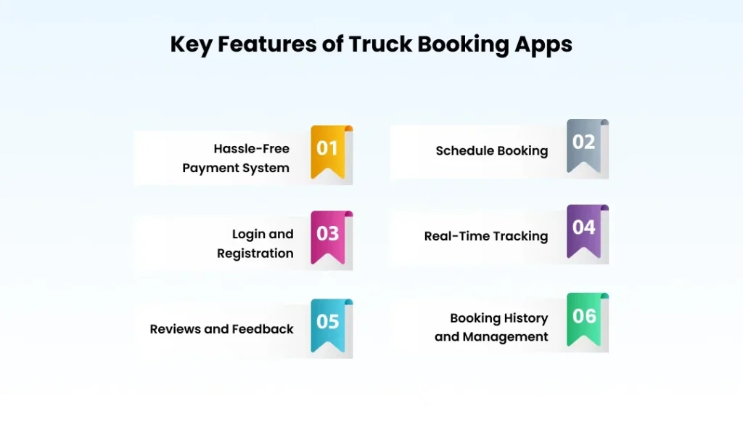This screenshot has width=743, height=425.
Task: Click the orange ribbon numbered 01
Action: [328, 150]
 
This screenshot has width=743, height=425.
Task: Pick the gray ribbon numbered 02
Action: [584, 145]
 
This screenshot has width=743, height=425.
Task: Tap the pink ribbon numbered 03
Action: [328, 235]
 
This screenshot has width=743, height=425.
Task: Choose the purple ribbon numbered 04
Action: [584, 230]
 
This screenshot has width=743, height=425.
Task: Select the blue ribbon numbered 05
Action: [328, 323]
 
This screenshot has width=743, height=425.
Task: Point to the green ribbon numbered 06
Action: [584, 317]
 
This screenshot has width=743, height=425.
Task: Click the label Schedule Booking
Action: [491, 151]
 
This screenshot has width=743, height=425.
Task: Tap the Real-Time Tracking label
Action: [485, 236]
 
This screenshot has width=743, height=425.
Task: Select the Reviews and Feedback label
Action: [221, 329]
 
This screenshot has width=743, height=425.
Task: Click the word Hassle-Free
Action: [251, 149]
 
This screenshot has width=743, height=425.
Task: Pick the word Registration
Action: [255, 254]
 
